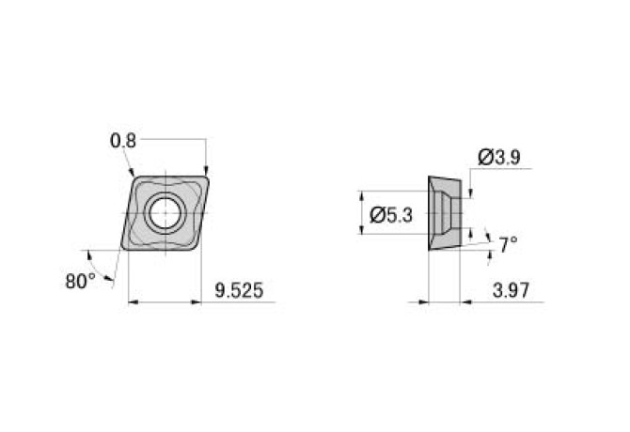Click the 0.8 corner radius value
123,141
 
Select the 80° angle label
80,280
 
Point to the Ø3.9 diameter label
500,157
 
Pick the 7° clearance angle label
508,245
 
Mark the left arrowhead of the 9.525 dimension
132,302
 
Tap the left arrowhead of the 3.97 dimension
422,302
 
